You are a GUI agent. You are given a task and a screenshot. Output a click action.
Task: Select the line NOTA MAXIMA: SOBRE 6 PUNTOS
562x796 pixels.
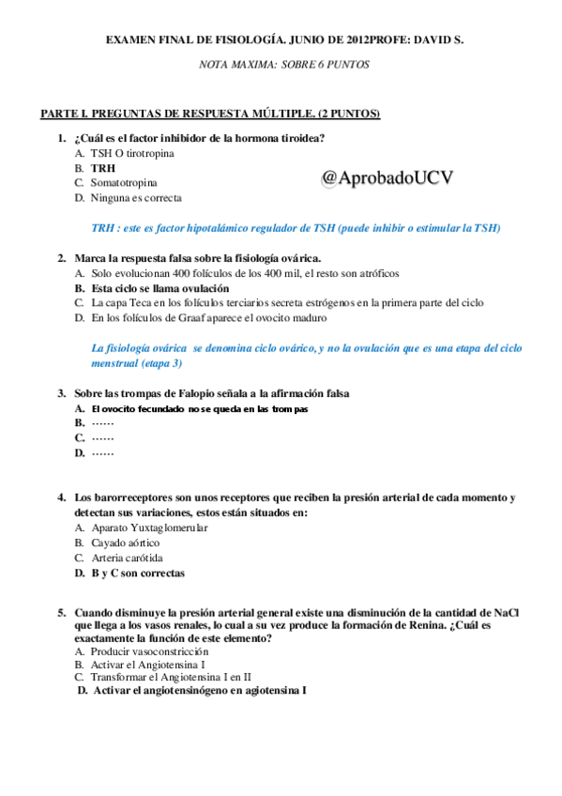pos(285,66)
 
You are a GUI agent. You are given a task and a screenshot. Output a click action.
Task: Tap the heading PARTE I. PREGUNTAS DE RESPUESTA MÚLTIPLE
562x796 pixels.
pos(209,115)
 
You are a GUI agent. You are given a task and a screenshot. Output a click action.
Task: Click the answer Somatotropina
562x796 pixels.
pos(124,182)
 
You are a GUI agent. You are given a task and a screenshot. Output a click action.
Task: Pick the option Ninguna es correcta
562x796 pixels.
pos(136,198)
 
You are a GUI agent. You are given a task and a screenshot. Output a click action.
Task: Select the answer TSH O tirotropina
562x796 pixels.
pos(132,152)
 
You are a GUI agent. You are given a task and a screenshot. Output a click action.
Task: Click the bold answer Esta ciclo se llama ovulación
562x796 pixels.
pos(159,288)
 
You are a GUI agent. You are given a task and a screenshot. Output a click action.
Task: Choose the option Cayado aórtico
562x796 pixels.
pos(125,543)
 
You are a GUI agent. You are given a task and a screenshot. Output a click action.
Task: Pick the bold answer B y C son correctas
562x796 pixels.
pos(137,573)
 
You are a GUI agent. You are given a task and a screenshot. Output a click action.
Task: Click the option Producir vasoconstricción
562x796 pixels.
pos(149,651)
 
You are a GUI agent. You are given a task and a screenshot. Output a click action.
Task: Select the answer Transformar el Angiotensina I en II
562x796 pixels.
pos(171,677)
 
